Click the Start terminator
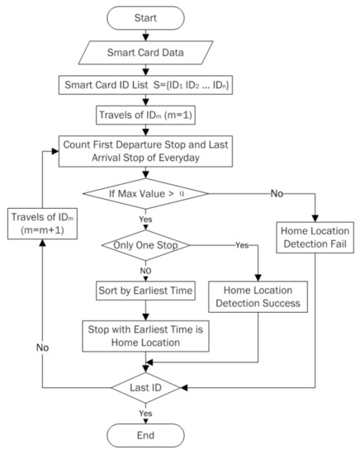click(x=146, y=17)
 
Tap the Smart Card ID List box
click(x=146, y=83)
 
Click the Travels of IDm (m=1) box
click(x=146, y=113)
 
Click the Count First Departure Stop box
click(x=146, y=152)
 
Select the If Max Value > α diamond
click(x=146, y=195)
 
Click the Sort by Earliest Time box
click(x=146, y=290)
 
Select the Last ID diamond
click(x=146, y=386)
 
